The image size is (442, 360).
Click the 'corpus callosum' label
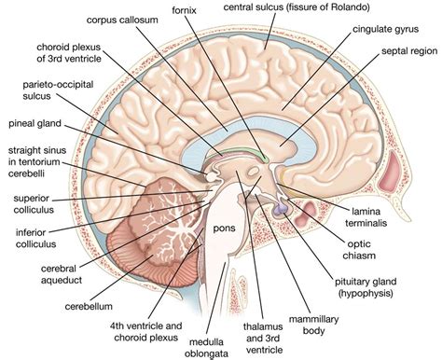pos(127,19)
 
